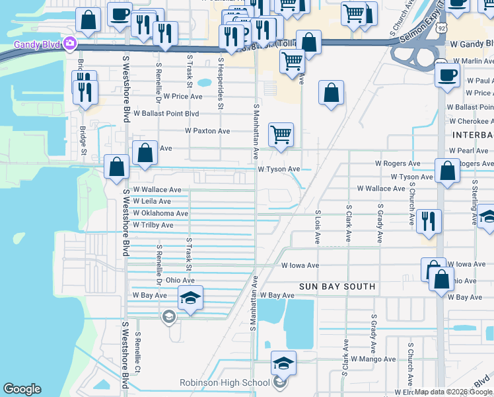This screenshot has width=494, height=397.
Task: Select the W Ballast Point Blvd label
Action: [166, 113]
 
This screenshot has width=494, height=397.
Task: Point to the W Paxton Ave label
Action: [207, 131]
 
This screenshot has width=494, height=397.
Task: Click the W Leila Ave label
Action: [152, 201]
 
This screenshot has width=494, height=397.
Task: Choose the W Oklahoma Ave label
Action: [160, 213]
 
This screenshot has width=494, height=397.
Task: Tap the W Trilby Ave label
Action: [153, 225]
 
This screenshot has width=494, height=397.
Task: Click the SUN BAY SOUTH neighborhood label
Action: [337, 287]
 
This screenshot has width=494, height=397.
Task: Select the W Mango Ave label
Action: [373, 359]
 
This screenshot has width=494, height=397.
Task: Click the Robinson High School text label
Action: [225, 382]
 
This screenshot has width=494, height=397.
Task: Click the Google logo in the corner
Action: [22, 389]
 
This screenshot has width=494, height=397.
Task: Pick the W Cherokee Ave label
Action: [471, 121]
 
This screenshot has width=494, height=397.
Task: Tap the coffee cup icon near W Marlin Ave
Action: [447, 74]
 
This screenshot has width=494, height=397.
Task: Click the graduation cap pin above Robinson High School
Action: [283, 363]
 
